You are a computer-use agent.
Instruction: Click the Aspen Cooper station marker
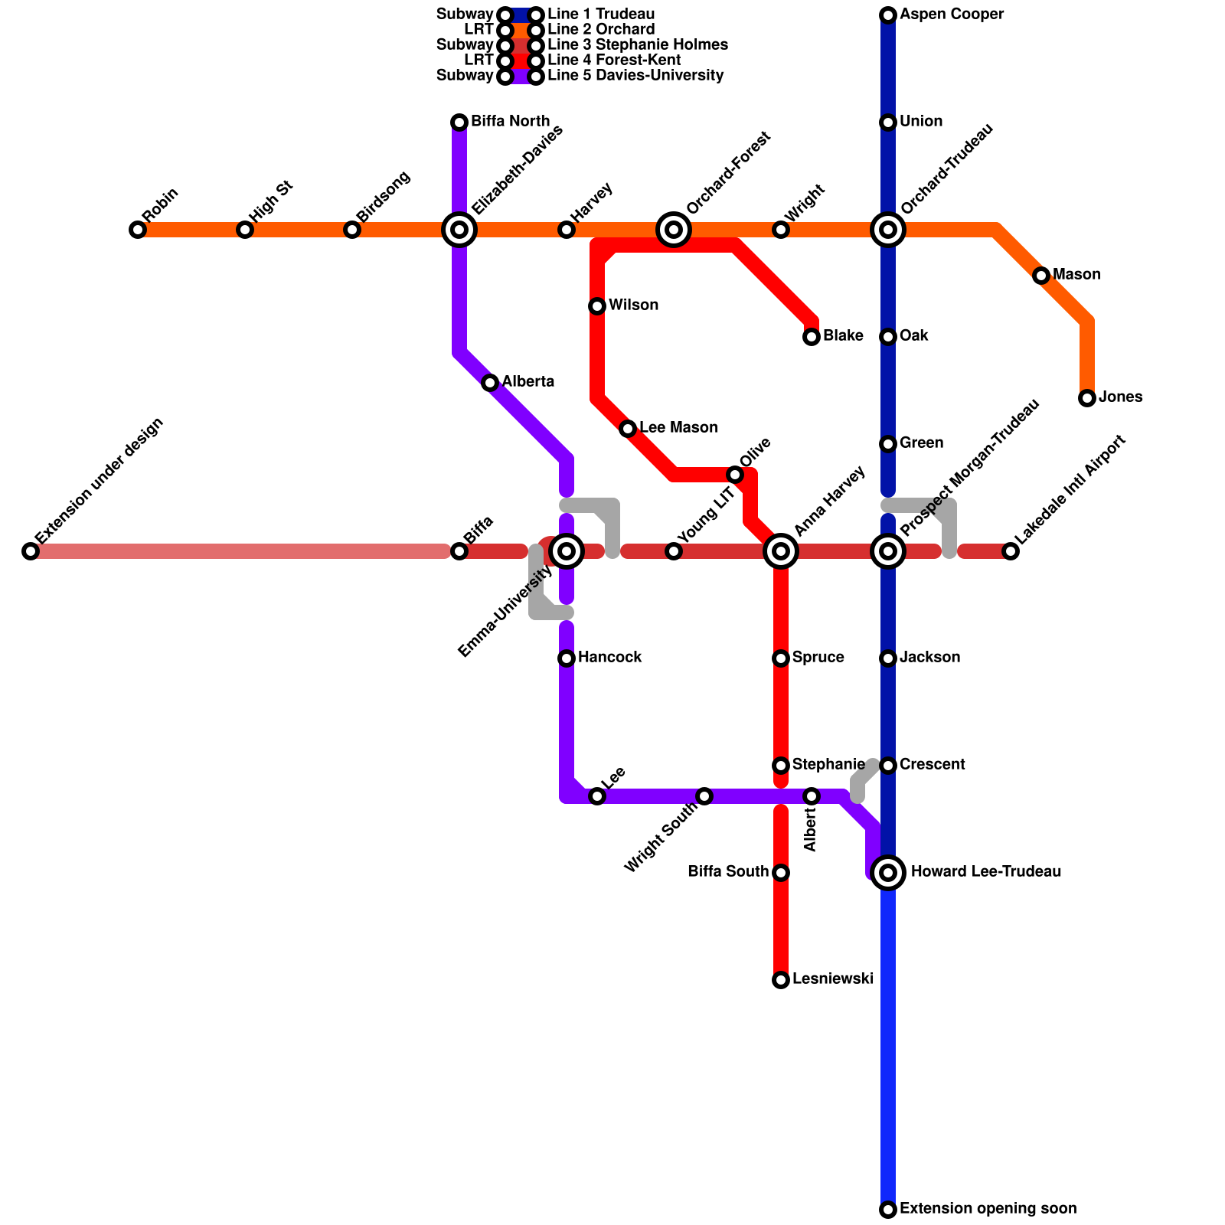(888, 15)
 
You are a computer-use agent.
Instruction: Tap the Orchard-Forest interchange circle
(674, 229)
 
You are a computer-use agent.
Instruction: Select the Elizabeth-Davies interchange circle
(459, 229)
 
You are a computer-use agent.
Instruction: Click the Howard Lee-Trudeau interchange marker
(888, 872)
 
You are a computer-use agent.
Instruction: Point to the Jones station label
(1120, 397)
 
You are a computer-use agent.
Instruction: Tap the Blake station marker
(812, 337)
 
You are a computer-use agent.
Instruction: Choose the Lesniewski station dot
(781, 980)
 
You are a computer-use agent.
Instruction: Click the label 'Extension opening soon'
(988, 1209)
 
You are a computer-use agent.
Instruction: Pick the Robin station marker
(138, 230)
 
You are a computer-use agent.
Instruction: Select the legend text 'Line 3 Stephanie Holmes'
(637, 45)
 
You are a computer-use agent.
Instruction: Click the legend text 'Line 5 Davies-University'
(635, 76)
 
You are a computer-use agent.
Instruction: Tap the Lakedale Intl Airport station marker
(1011, 551)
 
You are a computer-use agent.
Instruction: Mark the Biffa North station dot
(459, 122)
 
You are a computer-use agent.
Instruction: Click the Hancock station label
(609, 658)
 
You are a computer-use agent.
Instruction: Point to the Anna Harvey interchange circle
(781, 550)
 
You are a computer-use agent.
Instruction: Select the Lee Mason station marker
(628, 429)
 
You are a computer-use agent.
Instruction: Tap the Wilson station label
(633, 305)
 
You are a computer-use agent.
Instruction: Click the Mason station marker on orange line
(1041, 276)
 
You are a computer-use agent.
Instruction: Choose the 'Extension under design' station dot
(31, 551)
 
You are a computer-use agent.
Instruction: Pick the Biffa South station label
(727, 872)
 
